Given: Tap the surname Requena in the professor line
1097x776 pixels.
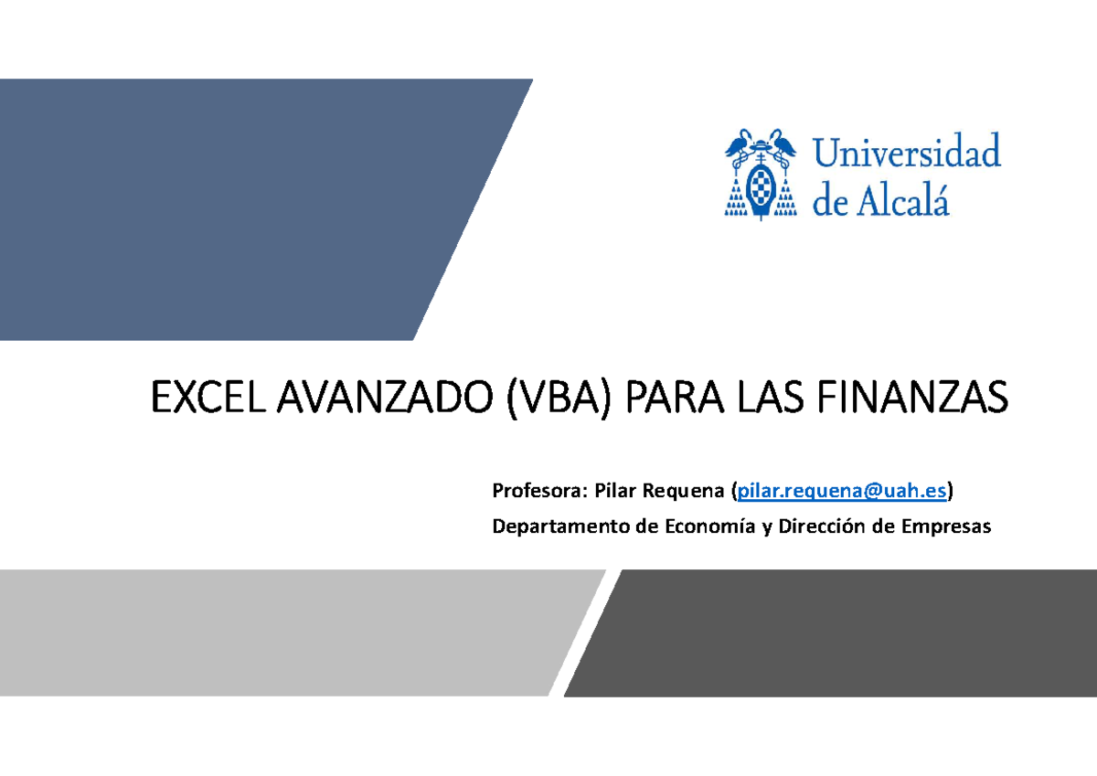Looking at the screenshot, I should pyautogui.click(x=683, y=493).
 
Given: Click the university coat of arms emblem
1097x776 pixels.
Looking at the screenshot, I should pyautogui.click(x=760, y=175).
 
